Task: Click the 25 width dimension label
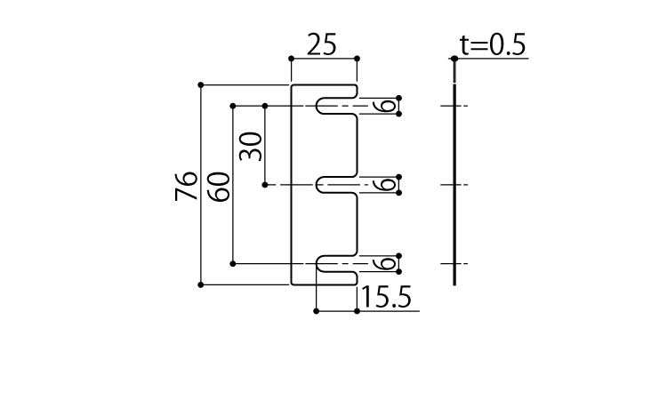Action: tap(322, 44)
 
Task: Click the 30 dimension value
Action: tap(252, 145)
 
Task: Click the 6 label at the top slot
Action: tap(384, 106)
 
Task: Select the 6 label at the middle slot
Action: tap(384, 185)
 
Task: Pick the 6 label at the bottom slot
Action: tap(384, 264)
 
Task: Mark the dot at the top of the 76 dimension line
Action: tap(201, 84)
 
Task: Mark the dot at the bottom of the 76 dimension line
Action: tap(201, 284)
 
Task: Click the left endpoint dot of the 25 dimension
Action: tap(292, 59)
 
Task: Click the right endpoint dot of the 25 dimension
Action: tap(357, 59)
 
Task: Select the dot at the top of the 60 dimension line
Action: tap(233, 106)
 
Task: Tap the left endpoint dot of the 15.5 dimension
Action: tap(317, 311)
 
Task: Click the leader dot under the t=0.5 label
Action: tap(454, 60)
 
